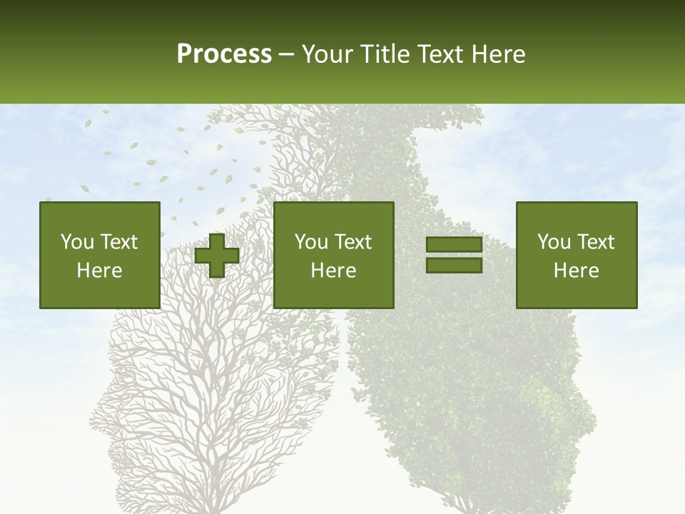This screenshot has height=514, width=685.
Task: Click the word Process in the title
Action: coord(224,54)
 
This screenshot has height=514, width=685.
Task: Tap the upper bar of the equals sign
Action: coord(454,245)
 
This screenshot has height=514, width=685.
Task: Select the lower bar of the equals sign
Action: coord(454,266)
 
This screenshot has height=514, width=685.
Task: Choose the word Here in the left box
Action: coord(99,271)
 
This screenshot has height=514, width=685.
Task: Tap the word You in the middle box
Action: coord(311,242)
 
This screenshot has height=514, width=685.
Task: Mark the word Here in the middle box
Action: coord(333,271)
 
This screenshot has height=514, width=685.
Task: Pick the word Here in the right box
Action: coord(576,271)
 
